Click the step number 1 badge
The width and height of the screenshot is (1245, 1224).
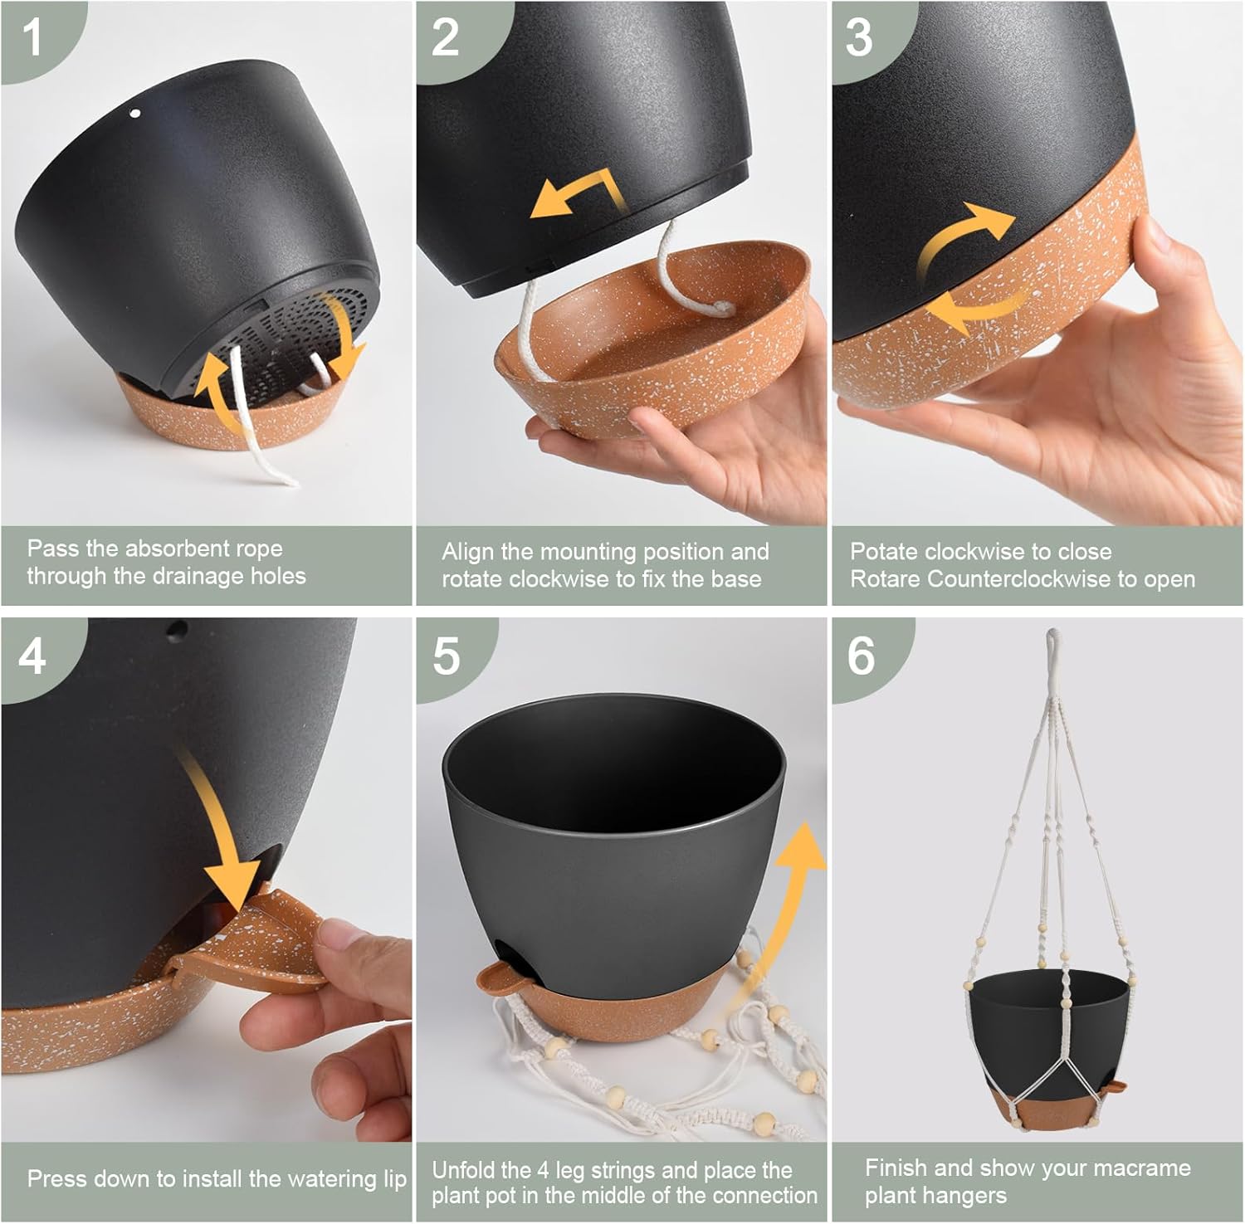coord(33,37)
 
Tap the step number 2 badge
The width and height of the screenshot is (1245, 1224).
coord(446,37)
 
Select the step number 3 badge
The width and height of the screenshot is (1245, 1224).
coord(860,37)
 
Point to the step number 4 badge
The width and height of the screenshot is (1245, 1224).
coord(33,656)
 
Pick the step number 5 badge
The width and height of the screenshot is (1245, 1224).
coord(446,656)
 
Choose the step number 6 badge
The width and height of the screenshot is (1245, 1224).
coord(861,656)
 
